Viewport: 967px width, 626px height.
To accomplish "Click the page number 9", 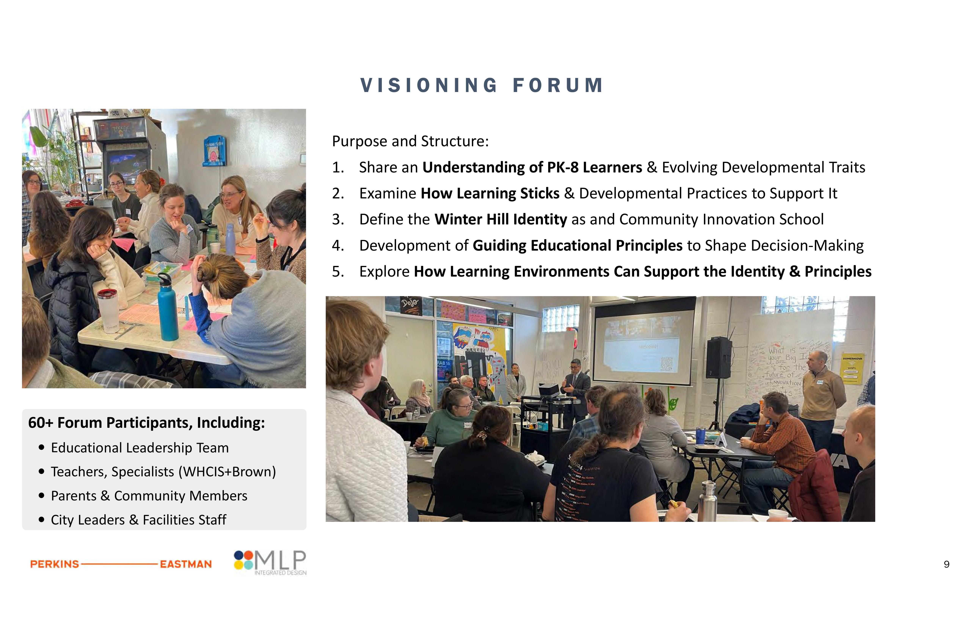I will point(946,564).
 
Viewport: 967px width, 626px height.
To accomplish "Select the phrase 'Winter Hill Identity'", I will point(501,219).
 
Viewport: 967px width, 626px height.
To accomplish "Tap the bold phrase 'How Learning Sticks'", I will point(490,193).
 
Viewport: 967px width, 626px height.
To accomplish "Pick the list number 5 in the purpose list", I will point(338,271).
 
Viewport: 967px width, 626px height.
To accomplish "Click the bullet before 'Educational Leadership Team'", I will point(42,447).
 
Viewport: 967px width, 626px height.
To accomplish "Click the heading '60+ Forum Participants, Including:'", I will point(146,423).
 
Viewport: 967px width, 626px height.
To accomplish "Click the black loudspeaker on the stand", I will point(718,358).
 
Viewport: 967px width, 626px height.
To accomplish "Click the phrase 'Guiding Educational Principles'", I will point(577,245).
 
